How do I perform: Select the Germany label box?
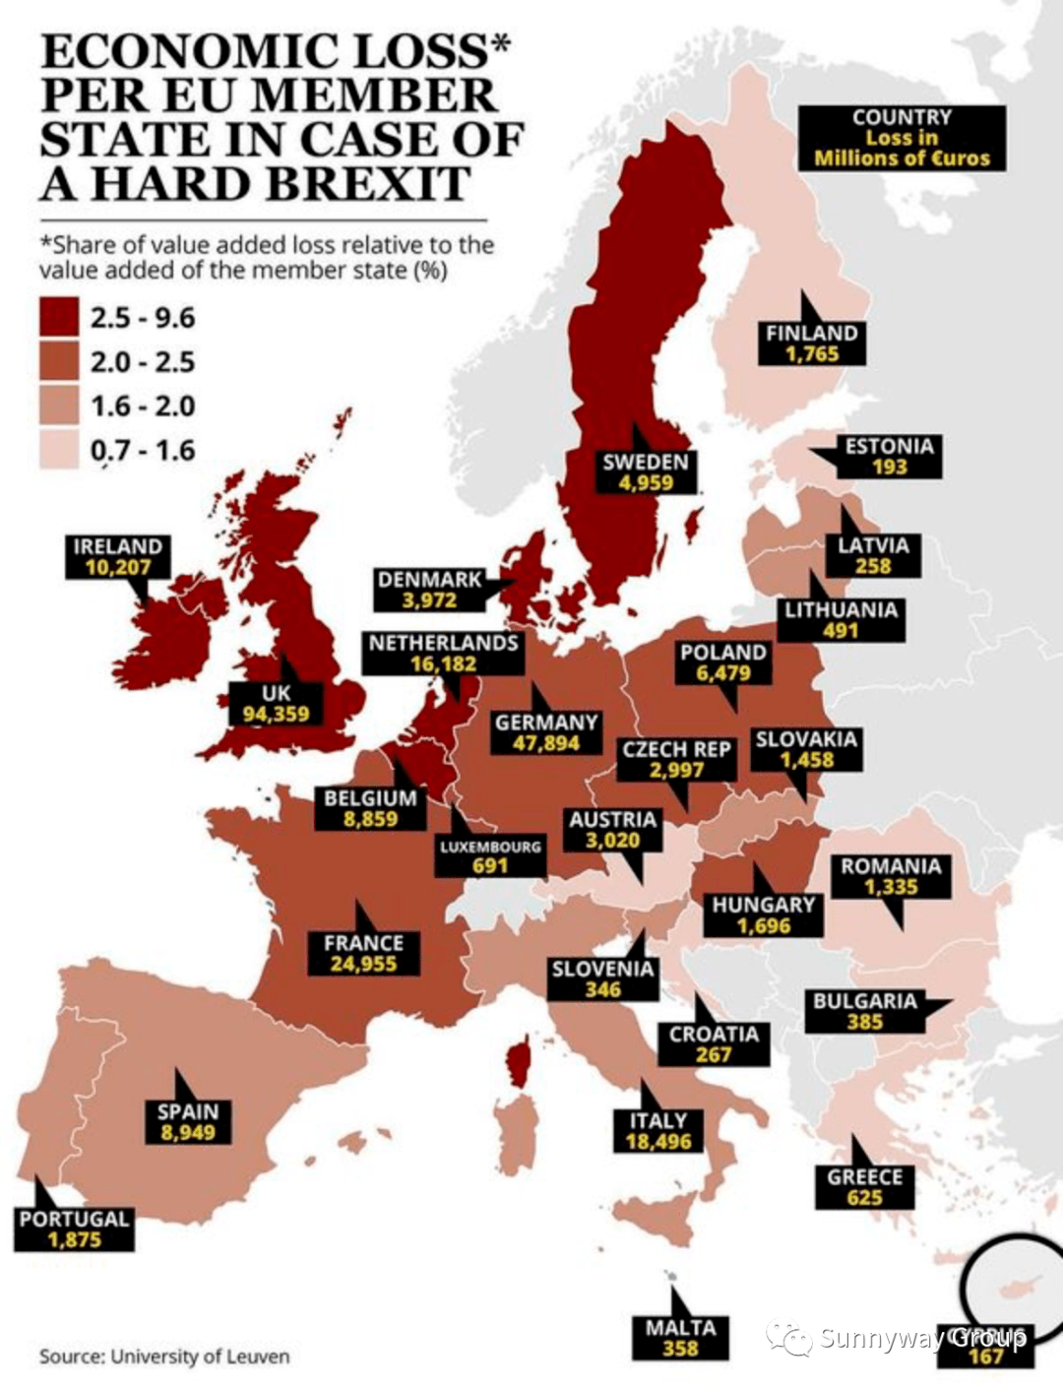tap(545, 732)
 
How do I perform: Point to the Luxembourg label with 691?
tap(490, 856)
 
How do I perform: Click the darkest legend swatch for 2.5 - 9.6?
tap(59, 318)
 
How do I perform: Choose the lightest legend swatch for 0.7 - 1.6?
tap(59, 451)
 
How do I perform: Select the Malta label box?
tap(680, 1338)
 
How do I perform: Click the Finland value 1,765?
tap(812, 354)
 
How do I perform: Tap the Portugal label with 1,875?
tap(74, 1230)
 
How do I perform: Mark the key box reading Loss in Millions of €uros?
tap(902, 139)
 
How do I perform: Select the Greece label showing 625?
tap(864, 1187)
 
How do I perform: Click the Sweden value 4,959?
tap(646, 483)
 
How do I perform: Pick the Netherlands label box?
tap(443, 654)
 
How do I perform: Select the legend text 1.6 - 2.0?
tap(143, 407)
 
